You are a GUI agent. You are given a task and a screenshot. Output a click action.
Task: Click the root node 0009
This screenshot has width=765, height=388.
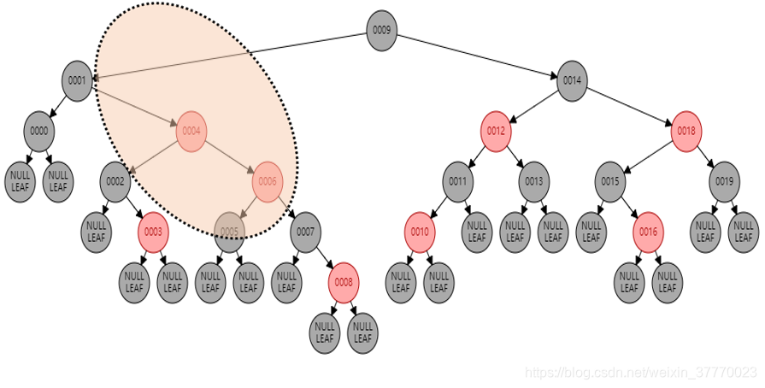[382, 30]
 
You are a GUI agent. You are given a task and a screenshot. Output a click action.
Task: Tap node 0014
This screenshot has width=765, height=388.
[572, 80]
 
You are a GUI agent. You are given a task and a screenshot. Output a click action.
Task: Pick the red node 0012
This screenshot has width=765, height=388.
[496, 132]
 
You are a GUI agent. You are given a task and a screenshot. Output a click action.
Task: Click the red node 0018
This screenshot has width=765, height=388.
[686, 132]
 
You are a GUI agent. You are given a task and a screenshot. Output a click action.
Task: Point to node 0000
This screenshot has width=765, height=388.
[39, 132]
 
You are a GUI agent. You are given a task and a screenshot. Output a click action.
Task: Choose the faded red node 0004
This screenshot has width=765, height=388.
[191, 131]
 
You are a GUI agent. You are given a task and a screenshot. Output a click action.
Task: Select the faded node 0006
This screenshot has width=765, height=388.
[268, 181]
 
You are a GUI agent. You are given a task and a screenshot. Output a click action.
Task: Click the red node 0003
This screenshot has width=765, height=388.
[153, 232]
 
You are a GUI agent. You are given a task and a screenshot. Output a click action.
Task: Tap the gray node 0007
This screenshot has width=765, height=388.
[305, 232]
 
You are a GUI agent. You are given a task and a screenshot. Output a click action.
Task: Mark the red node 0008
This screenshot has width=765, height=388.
[344, 281]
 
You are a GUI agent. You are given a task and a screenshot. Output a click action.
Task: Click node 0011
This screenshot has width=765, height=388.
[458, 181]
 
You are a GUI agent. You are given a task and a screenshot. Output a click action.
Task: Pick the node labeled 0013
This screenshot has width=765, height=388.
[534, 181]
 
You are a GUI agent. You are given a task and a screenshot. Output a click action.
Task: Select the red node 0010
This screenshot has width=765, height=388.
[420, 232]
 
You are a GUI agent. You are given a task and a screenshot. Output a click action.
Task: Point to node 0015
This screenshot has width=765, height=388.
[610, 181]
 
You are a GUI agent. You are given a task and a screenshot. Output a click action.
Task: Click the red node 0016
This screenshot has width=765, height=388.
[648, 232]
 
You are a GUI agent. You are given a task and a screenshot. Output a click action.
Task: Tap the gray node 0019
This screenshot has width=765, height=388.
[724, 181]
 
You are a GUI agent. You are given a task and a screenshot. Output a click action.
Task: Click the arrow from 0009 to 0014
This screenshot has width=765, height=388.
[477, 55]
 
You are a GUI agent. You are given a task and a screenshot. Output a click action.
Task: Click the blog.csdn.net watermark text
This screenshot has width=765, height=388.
[641, 373]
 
